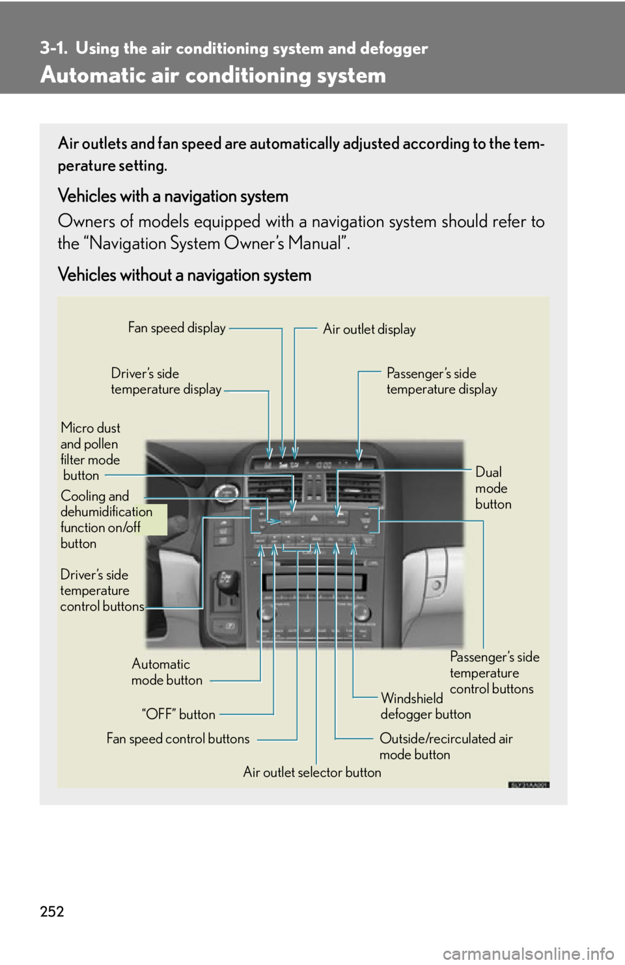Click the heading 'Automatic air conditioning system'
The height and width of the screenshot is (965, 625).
click(x=213, y=75)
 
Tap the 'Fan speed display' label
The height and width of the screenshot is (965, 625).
click(x=176, y=328)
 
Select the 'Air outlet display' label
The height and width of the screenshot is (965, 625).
click(x=369, y=329)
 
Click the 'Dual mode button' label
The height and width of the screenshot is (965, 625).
click(x=493, y=488)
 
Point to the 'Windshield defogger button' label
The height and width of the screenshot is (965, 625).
click(x=425, y=706)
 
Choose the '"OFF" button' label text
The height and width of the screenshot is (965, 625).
click(x=178, y=714)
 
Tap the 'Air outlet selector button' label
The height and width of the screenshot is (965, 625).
click(x=312, y=772)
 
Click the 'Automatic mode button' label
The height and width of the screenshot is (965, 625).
click(x=167, y=672)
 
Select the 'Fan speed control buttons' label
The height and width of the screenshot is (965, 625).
click(x=178, y=739)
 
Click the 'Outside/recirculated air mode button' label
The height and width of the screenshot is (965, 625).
click(x=445, y=747)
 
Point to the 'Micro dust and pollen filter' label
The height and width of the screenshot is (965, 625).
click(x=90, y=451)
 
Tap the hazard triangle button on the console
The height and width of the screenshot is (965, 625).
click(x=313, y=518)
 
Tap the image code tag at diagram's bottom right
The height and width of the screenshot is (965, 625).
click(x=529, y=785)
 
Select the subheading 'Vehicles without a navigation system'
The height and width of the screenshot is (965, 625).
click(x=184, y=275)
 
